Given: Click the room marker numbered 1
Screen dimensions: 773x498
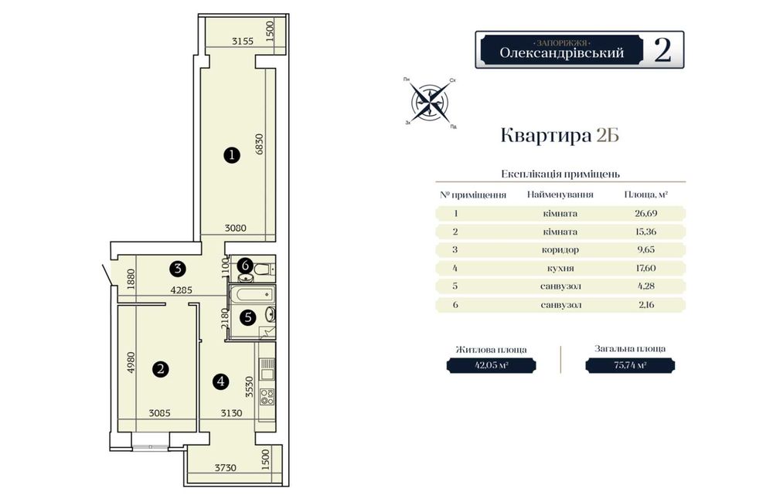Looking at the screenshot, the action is point(232,156).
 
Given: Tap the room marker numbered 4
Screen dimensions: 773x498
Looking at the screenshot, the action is point(220,381).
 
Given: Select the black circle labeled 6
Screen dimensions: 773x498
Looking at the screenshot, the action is point(245,266).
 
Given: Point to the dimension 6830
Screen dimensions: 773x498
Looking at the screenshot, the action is point(260,144).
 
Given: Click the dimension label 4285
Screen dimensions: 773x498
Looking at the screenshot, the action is point(181,290).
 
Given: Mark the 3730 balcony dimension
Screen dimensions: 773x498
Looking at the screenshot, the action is point(225,467).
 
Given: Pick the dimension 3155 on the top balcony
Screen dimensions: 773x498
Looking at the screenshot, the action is point(243,42).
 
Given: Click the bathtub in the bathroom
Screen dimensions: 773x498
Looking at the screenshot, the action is point(251,295).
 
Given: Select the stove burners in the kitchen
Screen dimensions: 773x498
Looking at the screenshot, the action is point(267,397).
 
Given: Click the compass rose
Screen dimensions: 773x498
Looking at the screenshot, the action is point(430,103).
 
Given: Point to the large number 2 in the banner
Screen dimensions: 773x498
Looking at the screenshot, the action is point(662,49).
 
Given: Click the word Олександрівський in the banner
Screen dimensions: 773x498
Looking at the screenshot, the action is point(561,53).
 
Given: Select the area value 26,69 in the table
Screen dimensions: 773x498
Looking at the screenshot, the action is point(645,213).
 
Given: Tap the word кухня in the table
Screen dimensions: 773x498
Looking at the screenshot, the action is point(560,268).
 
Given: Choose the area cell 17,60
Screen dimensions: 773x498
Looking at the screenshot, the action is point(645,268).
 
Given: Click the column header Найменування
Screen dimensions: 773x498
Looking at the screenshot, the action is point(560,195).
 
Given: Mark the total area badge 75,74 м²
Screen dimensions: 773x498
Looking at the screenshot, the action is point(630,365).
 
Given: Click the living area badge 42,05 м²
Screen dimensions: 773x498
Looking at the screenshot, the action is point(491,365).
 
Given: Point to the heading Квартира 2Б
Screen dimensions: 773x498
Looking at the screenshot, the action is point(560,135).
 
